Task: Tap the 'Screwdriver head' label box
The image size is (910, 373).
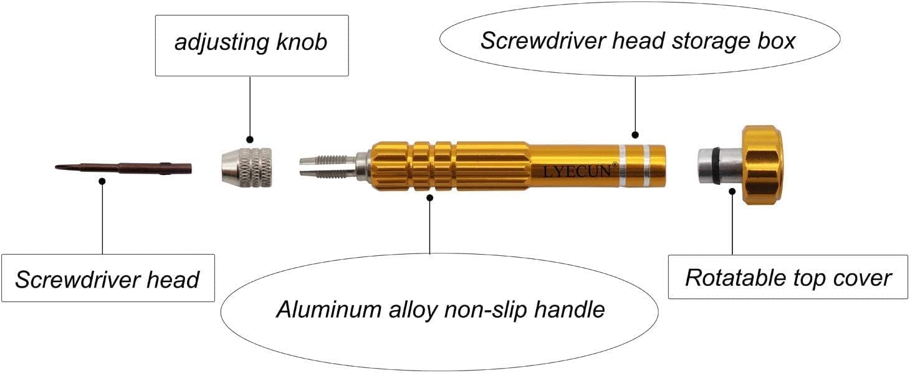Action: tap(107, 278)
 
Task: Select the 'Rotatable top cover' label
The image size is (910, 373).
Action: tap(788, 277)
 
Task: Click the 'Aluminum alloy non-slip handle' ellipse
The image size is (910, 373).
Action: tap(440, 309)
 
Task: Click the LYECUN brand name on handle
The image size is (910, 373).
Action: tap(577, 171)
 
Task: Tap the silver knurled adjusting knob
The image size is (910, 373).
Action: tap(246, 167)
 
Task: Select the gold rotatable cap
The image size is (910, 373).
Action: tap(762, 164)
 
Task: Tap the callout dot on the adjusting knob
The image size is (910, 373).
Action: tap(250, 139)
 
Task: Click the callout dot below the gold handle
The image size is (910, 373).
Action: tap(430, 198)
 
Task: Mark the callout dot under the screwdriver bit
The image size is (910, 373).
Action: tap(102, 181)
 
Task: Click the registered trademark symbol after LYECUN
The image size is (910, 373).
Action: tap(615, 165)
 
